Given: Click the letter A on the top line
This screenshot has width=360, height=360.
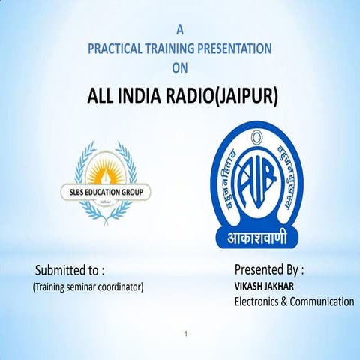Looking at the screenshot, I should pos(179,30).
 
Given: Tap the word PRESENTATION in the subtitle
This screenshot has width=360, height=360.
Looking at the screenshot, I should pos(235,49).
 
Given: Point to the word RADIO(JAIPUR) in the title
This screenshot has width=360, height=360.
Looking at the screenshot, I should pos(225,97).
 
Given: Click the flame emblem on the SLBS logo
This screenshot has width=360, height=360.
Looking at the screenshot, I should pos(105,166).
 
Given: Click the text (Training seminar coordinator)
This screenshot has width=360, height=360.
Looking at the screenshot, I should pos(87,286).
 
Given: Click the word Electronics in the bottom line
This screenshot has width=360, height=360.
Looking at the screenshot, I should pos(259,301).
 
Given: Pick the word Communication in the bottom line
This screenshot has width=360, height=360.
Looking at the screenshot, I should pos(324,301).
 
